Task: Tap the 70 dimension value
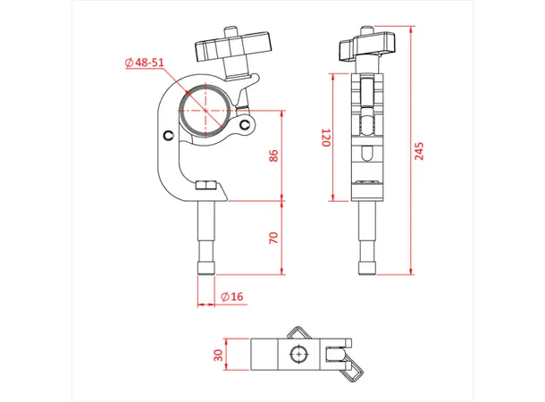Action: tap(274, 238)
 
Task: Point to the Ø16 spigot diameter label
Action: tap(231, 296)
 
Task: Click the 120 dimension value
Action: tap(326, 138)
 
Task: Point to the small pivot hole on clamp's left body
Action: tap(169, 135)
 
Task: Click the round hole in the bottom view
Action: tap(298, 355)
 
